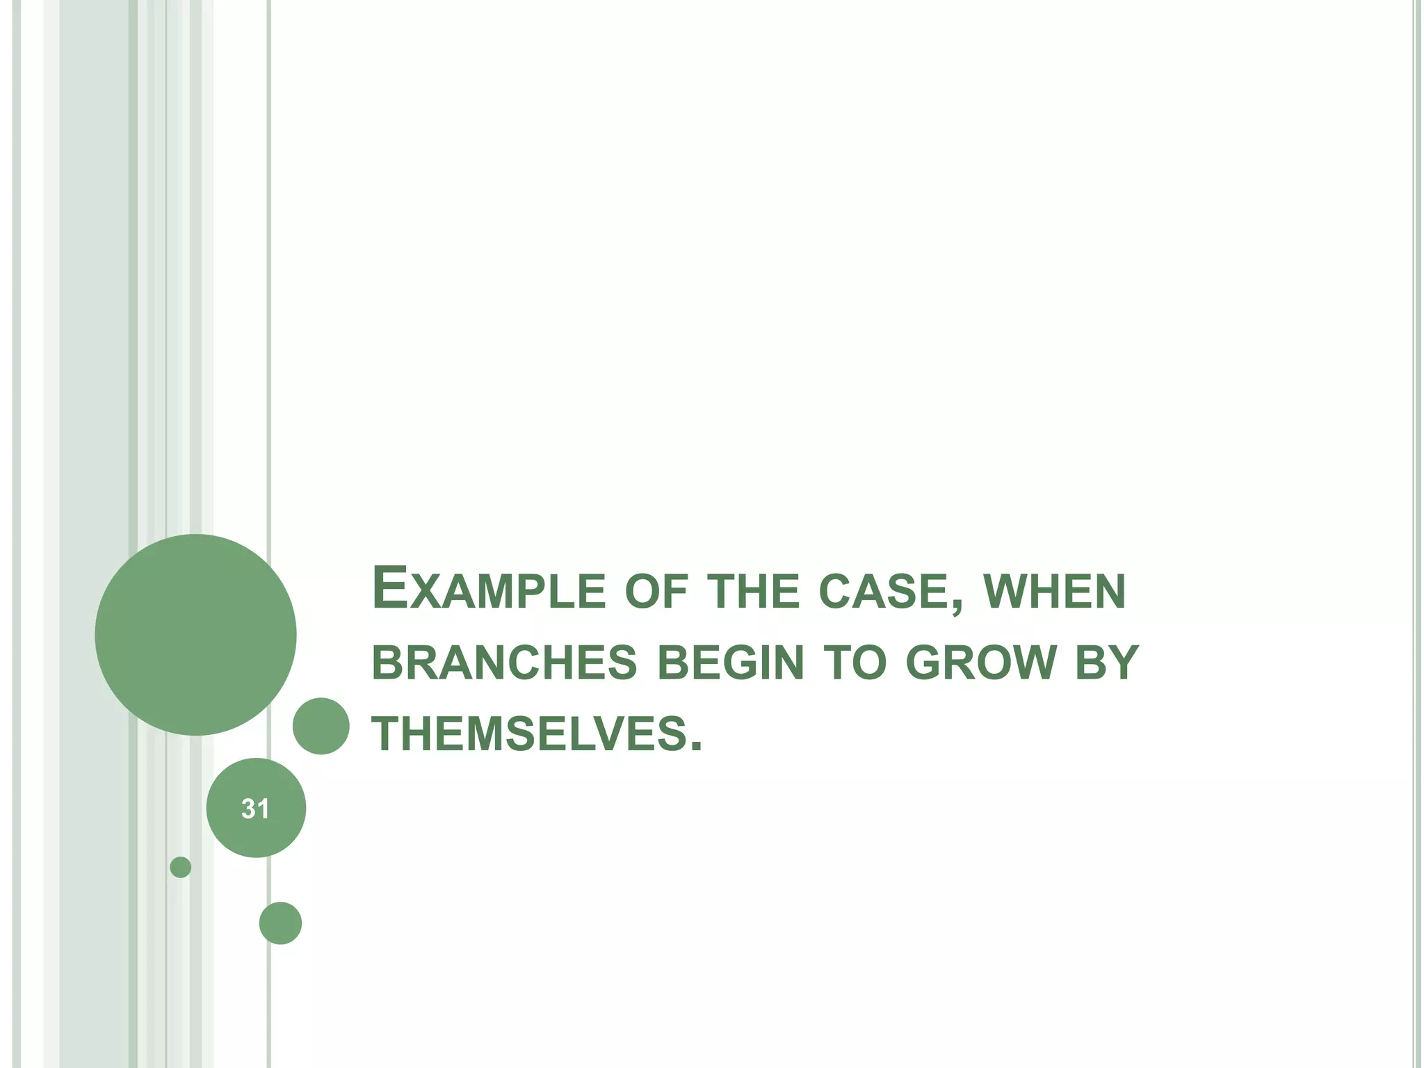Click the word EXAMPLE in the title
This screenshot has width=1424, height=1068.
(489, 590)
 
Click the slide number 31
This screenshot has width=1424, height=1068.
(255, 809)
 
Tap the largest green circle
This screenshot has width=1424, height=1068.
(195, 635)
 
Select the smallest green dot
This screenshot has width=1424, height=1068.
(180, 867)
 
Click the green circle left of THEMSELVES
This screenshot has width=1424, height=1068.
(321, 726)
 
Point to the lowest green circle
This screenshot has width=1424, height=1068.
(280, 923)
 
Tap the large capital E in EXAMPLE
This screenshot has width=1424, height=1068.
(388, 588)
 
